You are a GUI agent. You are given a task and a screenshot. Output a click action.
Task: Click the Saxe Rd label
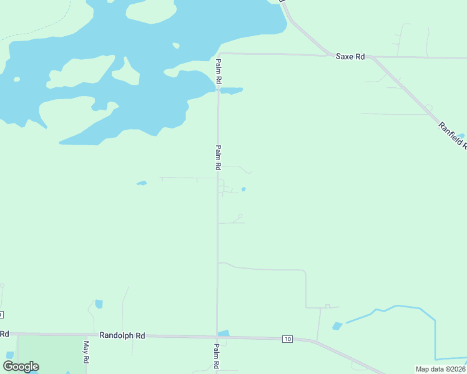pos(350,57)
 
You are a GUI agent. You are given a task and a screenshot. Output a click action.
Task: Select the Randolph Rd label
pos(122,335)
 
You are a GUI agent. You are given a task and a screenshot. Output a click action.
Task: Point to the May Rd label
pos(86,352)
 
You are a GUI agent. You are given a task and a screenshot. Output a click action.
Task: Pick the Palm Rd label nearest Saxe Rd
pos(219,71)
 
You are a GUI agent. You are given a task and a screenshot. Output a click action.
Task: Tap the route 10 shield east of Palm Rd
pos(287,339)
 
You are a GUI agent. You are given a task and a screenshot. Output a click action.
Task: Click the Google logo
pos(21,367)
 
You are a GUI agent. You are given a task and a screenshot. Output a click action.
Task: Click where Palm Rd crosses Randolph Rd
pos(217,337)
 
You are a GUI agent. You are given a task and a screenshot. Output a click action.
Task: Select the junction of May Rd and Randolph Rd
pos(86,335)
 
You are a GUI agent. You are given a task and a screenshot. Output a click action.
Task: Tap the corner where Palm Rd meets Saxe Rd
pos(219,54)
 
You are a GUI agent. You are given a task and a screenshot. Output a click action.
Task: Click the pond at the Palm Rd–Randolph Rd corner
pos(224,333)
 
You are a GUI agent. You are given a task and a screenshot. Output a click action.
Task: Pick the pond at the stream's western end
pos(338,326)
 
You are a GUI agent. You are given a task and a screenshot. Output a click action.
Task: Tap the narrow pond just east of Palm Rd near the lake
pos(232,90)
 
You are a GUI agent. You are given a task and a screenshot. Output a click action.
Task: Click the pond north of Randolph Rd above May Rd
pos(99,304)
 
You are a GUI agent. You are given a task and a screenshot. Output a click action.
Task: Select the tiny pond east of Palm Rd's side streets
pos(243,189)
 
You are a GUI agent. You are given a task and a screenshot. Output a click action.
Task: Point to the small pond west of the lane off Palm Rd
pos(142,183)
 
